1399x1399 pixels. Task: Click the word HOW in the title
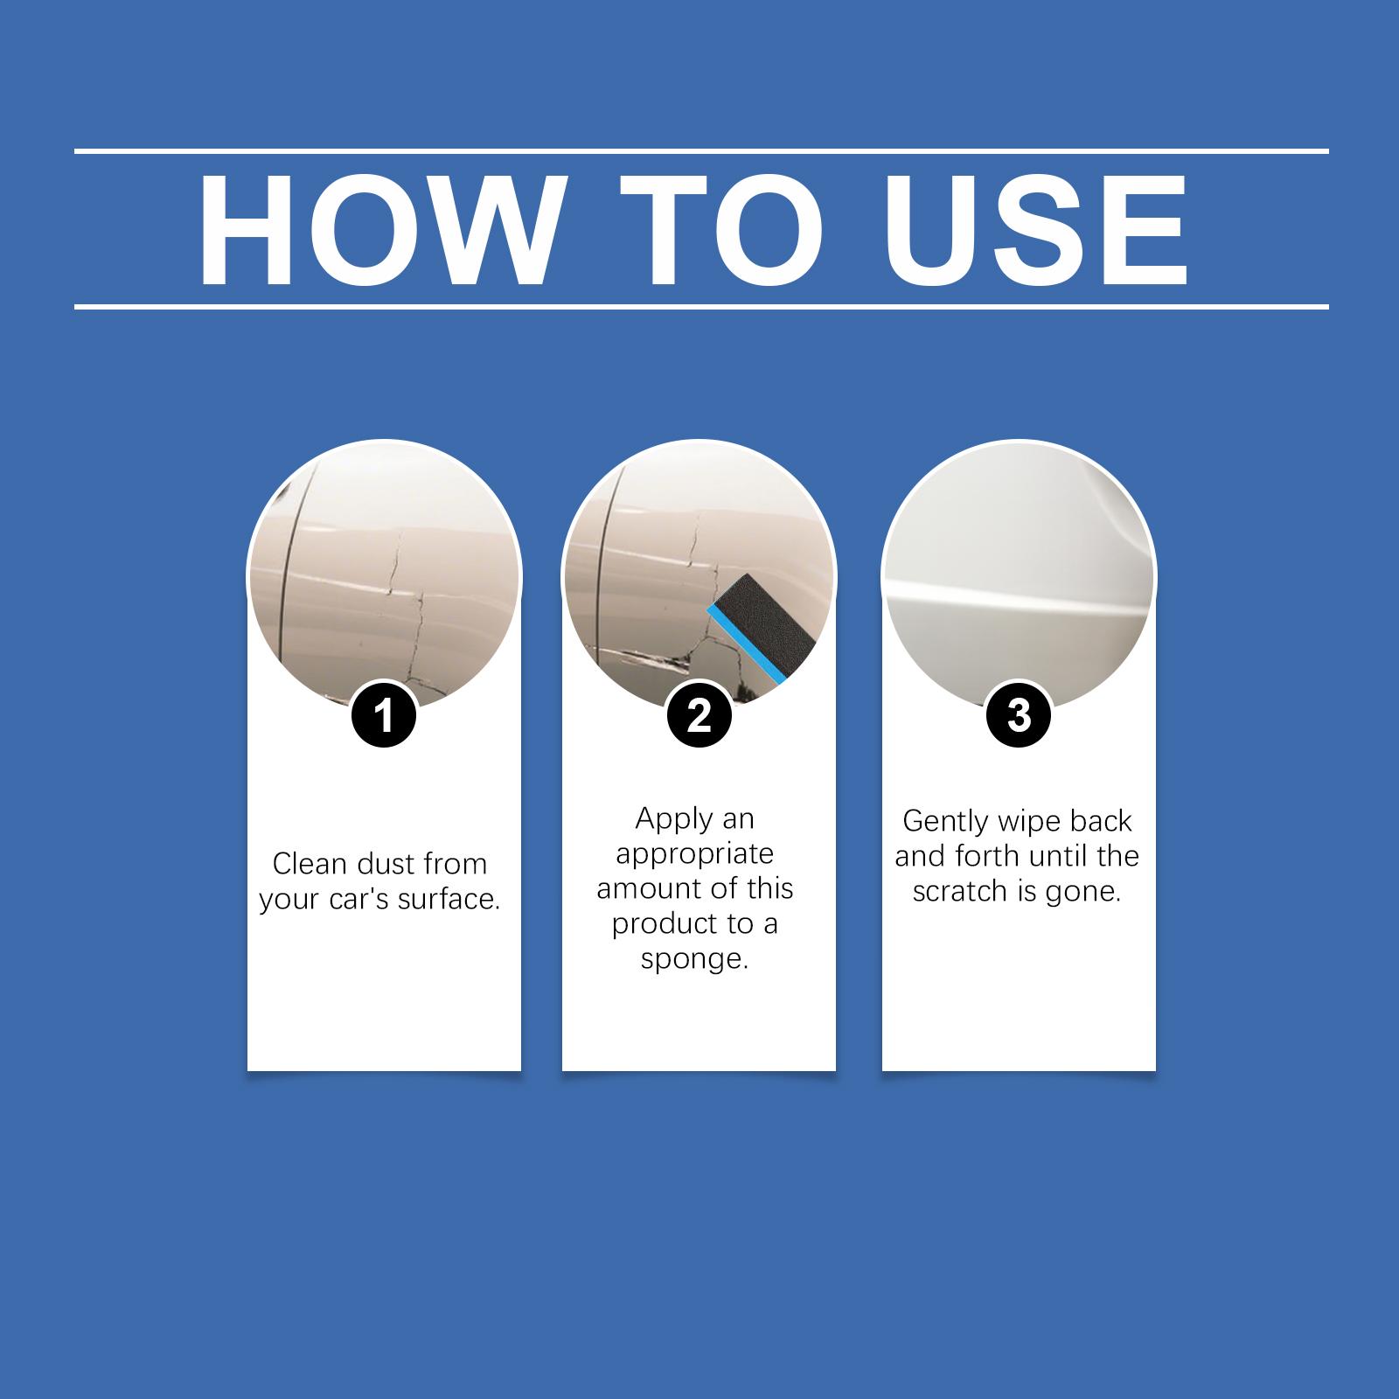click(x=378, y=231)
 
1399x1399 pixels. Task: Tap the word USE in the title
click(x=1038, y=231)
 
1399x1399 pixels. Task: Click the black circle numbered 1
click(x=385, y=715)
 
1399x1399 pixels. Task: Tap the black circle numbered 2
click(x=699, y=715)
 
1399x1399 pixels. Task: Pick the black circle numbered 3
click(x=1019, y=715)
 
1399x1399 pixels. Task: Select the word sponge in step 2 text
click(x=695, y=960)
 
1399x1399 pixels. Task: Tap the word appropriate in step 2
click(x=695, y=854)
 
